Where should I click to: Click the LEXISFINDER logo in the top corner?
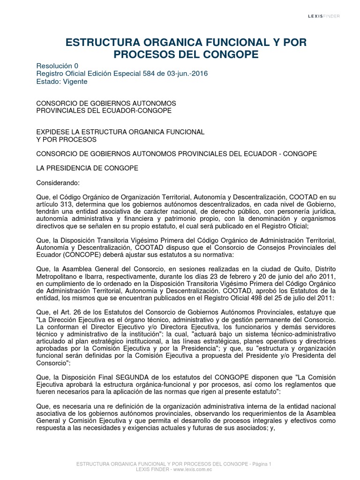pos(324,16)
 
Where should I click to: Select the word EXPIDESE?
pos(52,132)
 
